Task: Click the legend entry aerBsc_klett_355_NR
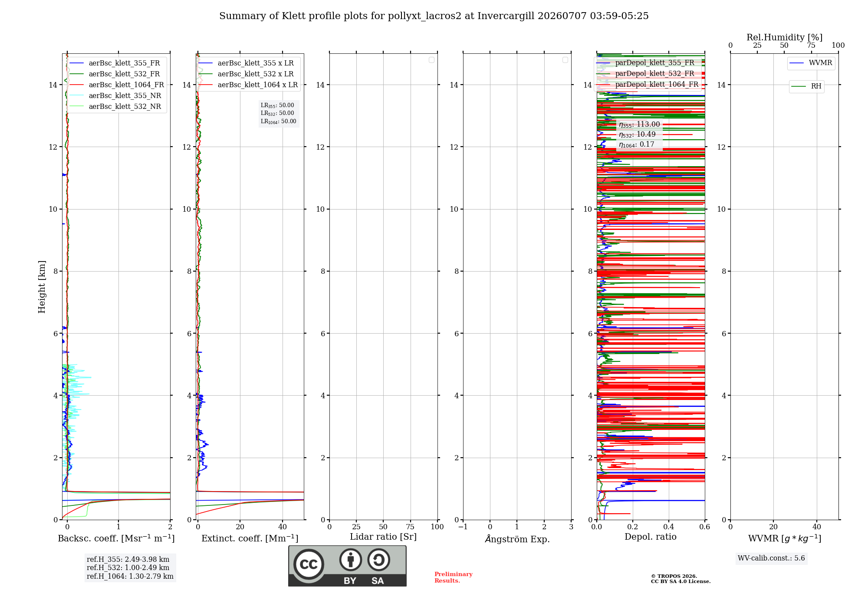tap(115, 95)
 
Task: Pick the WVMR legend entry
tap(811, 63)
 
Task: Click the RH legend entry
tap(806, 86)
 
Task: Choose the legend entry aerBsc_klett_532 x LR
tap(246, 74)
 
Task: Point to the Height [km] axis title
tap(42, 287)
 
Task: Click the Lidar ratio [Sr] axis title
tap(383, 537)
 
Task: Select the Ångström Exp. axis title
tap(517, 539)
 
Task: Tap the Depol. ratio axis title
tap(651, 537)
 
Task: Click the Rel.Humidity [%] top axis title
tap(785, 37)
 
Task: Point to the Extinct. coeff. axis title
tap(250, 538)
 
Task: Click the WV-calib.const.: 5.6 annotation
tap(771, 558)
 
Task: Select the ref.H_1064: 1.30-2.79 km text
tap(130, 576)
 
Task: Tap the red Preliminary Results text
tap(454, 577)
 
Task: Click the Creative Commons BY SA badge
tap(348, 566)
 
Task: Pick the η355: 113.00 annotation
tap(639, 125)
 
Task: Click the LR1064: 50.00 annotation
tap(279, 121)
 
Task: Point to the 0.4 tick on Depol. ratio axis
tap(669, 527)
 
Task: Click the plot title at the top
tap(434, 16)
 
